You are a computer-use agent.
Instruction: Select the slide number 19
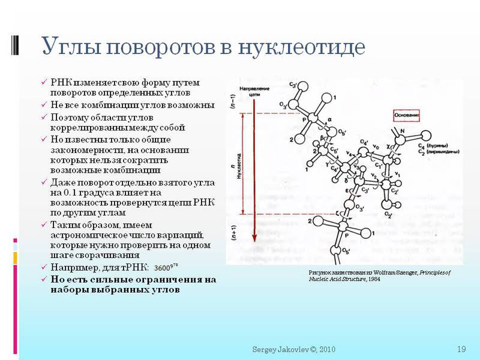tap(461, 349)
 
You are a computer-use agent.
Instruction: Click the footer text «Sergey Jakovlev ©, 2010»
tap(293, 349)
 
